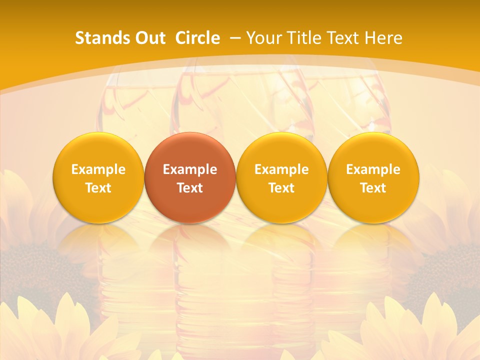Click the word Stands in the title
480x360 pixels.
pos(99,38)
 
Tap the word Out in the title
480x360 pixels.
pos(149,38)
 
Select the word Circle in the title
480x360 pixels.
pos(197,38)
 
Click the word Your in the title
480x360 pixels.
pos(262,38)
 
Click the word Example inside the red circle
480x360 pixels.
pos(190,169)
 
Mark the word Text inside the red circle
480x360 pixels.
pos(190,188)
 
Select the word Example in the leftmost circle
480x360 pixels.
pos(98,169)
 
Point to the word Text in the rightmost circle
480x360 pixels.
pos(373,188)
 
